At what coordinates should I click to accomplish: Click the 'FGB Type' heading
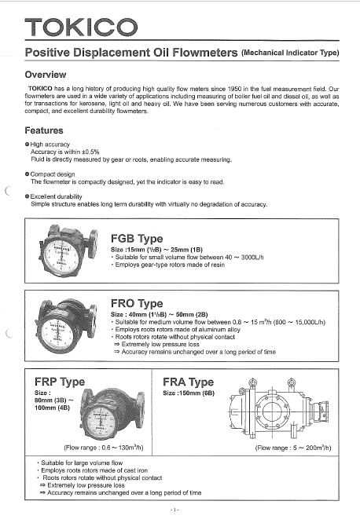coord(138,238)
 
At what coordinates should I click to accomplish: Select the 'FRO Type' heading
coord(138,303)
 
